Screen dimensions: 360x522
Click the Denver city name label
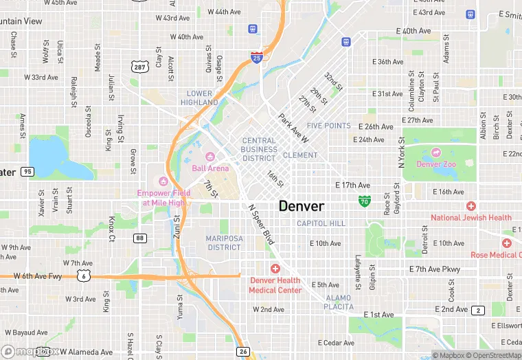click(x=302, y=205)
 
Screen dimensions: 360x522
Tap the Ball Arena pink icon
click(x=211, y=156)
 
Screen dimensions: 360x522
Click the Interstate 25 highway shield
click(x=256, y=57)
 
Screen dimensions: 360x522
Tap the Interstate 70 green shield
click(x=365, y=201)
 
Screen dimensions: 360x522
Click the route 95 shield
click(x=27, y=172)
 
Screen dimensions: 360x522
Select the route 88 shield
click(x=140, y=238)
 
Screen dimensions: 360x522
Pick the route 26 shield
click(x=243, y=351)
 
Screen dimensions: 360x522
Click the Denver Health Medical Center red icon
click(x=275, y=268)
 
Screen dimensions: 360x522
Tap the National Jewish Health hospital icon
click(x=470, y=206)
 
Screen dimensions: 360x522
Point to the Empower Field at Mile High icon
click(x=163, y=181)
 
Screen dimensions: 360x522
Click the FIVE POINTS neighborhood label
click(x=328, y=126)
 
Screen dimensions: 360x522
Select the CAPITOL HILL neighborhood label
click(x=321, y=223)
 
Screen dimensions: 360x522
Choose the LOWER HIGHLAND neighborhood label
click(x=199, y=98)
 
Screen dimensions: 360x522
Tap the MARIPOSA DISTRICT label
click(x=223, y=243)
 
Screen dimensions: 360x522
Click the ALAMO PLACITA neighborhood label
click(x=339, y=302)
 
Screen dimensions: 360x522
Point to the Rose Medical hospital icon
click(x=506, y=243)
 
